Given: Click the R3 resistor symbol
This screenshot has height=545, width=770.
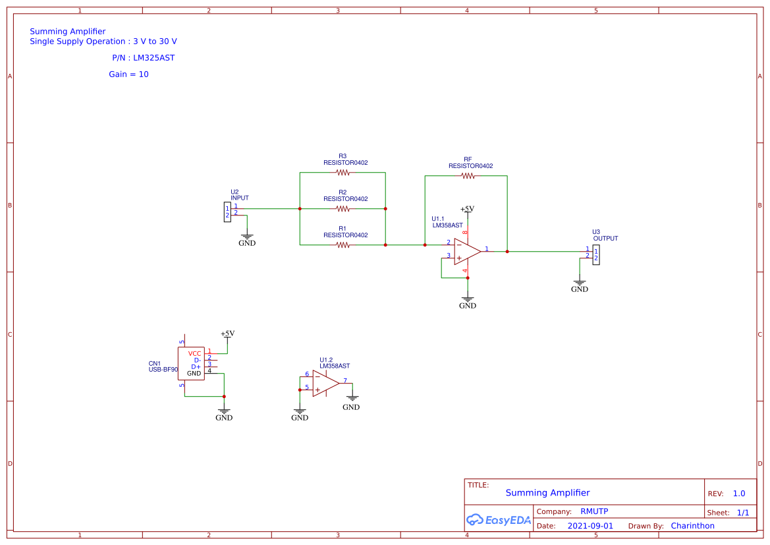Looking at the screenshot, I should [343, 173].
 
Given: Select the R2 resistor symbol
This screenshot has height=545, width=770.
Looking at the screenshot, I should [343, 209].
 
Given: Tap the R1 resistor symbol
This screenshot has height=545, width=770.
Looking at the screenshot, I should [343, 245].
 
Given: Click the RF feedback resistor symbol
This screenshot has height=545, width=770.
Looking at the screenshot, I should [468, 176].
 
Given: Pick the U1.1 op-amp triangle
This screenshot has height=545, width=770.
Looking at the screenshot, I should [466, 251].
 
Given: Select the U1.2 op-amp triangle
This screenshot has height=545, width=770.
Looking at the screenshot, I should [325, 383].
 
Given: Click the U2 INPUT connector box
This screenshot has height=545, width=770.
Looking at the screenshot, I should [227, 212].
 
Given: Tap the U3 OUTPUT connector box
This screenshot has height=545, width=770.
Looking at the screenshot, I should [596, 254].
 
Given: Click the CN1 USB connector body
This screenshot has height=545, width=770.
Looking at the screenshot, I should [191, 364].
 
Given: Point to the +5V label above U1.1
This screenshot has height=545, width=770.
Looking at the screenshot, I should [467, 209].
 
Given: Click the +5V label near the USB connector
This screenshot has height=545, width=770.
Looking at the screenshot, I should [227, 333].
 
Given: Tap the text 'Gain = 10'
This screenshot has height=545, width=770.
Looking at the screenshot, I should [128, 74].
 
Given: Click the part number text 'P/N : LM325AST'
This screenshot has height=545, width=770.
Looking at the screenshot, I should [143, 58].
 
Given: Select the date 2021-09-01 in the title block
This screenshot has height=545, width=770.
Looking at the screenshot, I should [590, 526].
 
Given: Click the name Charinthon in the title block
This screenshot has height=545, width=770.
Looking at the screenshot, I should [692, 526].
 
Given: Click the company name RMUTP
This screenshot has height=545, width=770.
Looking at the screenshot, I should [594, 511].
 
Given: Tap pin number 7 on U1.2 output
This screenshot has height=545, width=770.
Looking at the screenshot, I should [345, 380].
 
